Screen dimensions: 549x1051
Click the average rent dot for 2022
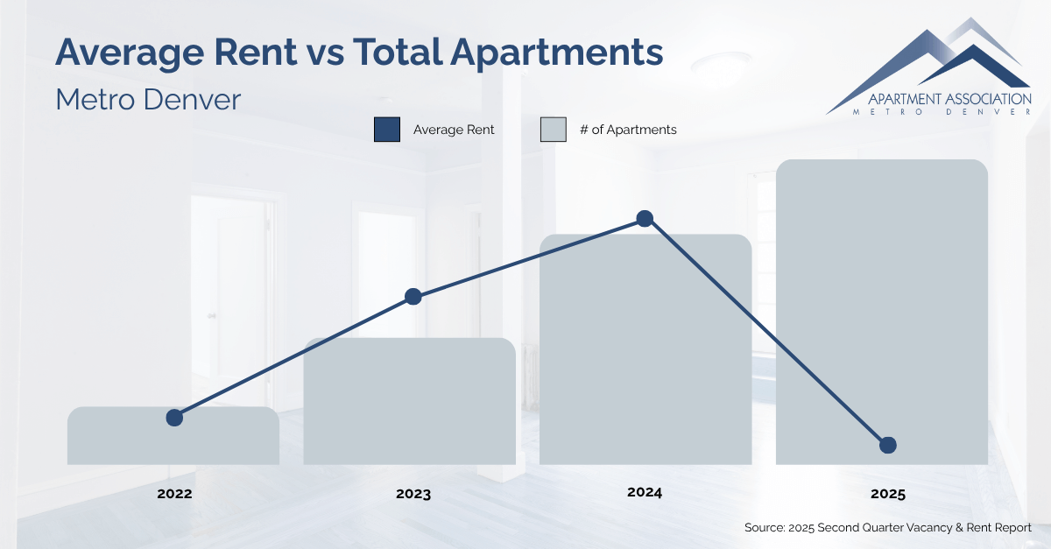pos(174,418)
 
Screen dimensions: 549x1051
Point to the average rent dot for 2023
pos(413,297)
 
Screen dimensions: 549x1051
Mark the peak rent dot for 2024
pos(645,218)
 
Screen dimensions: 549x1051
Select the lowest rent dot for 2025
pos(887,446)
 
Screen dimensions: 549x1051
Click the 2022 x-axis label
pos(174,494)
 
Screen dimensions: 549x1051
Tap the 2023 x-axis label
pos(413,494)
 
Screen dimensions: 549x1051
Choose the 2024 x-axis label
pos(645,493)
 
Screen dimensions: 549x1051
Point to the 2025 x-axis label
pos(887,494)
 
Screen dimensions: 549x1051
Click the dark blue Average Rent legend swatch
pos(386,130)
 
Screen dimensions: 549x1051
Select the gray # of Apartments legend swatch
pos(553,130)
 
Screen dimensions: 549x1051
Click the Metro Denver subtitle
pos(147,99)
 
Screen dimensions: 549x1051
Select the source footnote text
pos(887,528)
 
